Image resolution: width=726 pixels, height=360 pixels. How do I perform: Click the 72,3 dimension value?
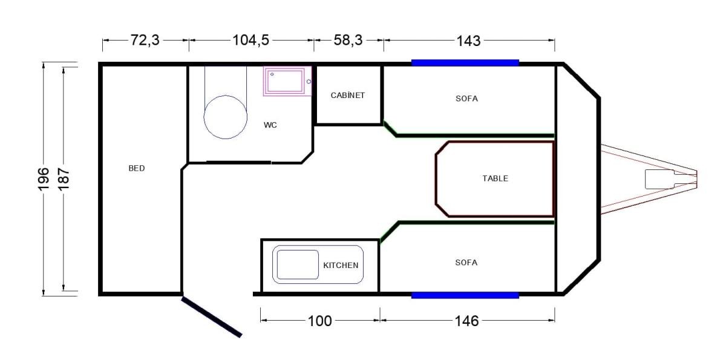point(145,40)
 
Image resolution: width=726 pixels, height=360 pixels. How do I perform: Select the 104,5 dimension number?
point(251,40)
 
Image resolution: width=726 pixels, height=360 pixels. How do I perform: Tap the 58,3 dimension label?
point(348,40)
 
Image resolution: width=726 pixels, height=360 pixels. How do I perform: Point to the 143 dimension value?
point(468,41)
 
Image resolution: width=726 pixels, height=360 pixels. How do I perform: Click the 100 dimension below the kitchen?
point(319,321)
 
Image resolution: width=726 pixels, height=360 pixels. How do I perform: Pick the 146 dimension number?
point(466,321)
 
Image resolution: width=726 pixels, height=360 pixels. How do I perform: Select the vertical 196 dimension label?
point(44,179)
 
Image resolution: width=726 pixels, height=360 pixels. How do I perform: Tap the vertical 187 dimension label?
point(64,179)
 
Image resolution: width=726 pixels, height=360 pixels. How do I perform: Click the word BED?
point(137,168)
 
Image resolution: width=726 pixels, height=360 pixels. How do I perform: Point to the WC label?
point(270,125)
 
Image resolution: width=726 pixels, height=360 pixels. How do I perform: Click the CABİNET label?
point(348,95)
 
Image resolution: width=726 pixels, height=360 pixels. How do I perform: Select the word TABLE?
point(495,178)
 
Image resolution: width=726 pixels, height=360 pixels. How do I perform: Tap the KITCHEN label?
point(341,266)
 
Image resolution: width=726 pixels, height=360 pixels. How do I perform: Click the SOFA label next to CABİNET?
point(466,99)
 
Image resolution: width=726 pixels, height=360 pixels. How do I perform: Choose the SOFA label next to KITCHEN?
point(466,263)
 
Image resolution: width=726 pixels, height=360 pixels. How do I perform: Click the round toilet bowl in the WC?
point(226,117)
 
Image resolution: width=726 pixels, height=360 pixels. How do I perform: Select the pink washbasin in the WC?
point(287,81)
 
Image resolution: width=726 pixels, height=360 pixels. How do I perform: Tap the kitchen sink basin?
point(298,264)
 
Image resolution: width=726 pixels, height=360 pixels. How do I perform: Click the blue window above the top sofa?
point(465,63)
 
